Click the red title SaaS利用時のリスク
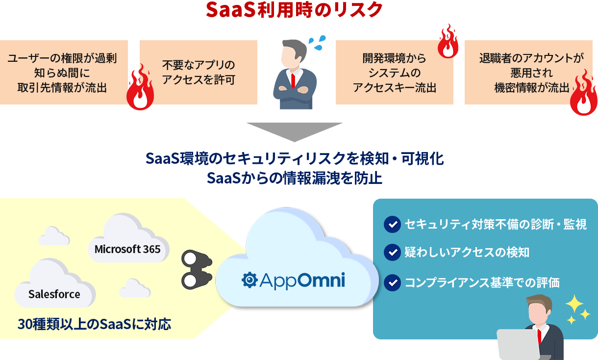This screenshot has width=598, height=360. tap(294, 10)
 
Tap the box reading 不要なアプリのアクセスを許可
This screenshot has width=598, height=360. tap(199, 72)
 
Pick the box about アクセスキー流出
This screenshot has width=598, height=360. tap(394, 73)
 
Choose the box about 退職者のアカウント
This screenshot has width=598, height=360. tap(524, 73)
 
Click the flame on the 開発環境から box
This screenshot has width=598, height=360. tap(448, 42)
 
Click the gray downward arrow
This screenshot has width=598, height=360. tap(294, 131)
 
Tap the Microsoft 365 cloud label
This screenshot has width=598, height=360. tap(127, 249)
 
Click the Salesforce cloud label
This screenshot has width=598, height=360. tap(54, 294)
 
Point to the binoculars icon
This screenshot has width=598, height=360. tap(196, 269)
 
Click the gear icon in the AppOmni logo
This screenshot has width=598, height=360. tap(250, 280)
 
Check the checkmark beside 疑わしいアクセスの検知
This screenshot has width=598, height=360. tap(392, 253)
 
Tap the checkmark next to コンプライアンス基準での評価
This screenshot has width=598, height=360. tap(392, 283)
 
